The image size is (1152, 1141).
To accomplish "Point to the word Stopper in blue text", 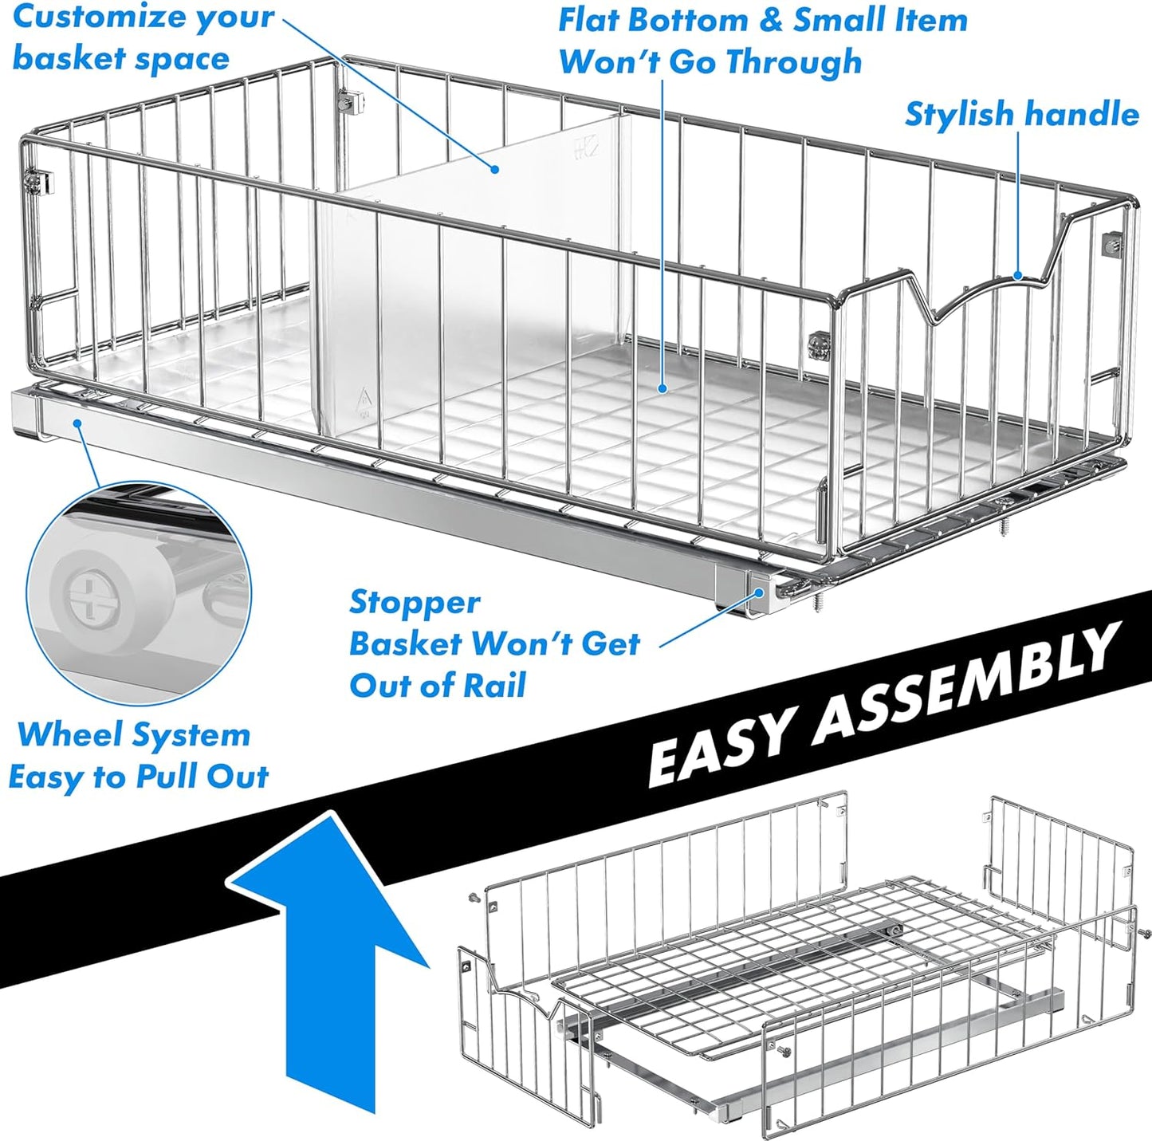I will point(415,603).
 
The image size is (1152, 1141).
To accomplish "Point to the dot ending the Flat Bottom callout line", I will point(662,389).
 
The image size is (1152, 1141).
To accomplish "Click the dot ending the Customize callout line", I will point(495,169).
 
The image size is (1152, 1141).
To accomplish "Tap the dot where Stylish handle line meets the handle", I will point(1018,277).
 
